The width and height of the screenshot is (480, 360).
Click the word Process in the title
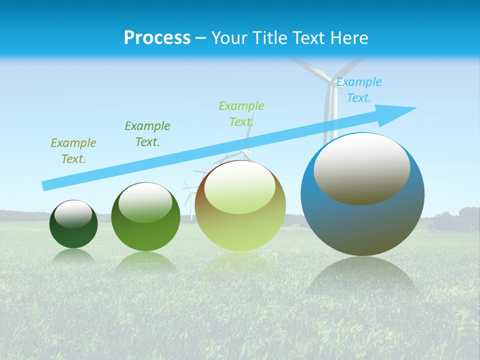(157, 38)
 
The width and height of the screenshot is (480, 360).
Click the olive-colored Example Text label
(73, 151)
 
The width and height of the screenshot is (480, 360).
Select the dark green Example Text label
(147, 134)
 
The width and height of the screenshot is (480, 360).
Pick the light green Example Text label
(241, 114)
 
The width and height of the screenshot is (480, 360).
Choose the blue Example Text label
(359, 90)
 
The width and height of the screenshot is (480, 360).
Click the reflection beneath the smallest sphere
(73, 256)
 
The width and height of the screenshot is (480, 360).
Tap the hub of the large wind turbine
(330, 80)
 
